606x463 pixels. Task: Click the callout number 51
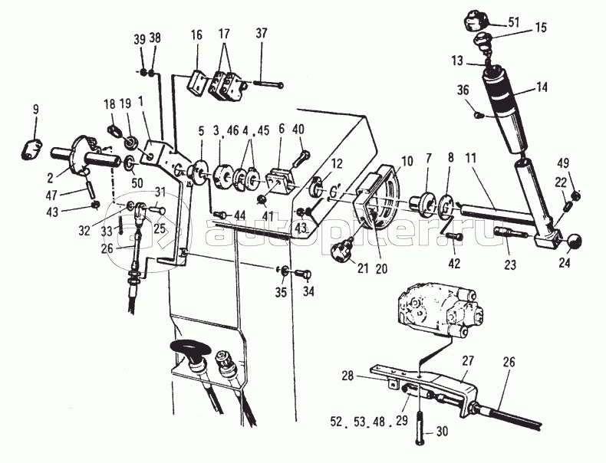pos(514,22)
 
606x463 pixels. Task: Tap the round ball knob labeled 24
pos(574,241)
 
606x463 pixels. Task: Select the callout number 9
pos(35,110)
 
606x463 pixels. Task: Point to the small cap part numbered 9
pos(31,149)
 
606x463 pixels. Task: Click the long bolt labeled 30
pos(420,428)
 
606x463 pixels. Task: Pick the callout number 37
pos(262,33)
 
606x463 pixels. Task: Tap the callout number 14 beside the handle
pos(542,87)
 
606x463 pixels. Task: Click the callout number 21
pos(363,268)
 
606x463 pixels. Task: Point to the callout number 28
pos(347,376)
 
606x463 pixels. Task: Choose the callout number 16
pos(196,34)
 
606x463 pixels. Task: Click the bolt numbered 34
pos(304,274)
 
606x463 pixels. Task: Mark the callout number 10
pos(407,161)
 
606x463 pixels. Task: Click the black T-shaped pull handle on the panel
pos(189,347)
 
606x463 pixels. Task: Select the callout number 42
pos(454,264)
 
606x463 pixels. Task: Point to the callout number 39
pos(140,39)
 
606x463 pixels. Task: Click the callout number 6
pos(282,129)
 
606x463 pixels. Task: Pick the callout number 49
pos(563,163)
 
